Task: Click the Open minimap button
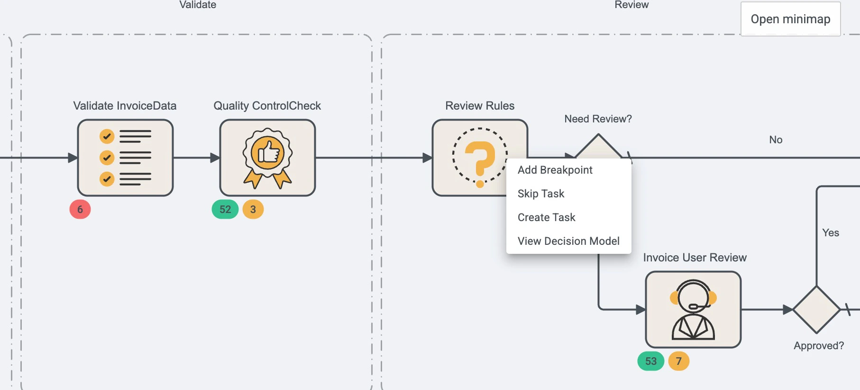pos(790,19)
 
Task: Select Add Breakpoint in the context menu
pos(555,170)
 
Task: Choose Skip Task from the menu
pos(541,194)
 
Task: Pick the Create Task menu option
pos(546,217)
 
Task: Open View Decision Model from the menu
pos(568,241)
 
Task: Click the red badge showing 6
pos(80,209)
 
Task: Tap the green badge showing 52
pos(225,209)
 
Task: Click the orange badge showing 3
pos(253,209)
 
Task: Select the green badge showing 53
pos(651,361)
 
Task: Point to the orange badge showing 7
pos(679,361)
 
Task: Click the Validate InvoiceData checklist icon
pos(125,158)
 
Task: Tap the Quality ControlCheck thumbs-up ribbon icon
pos(267,158)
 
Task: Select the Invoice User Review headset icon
pos(693,309)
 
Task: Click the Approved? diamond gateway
pos(816,309)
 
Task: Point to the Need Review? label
pos(598,119)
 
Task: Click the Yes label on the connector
pos(831,232)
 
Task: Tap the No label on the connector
pos(776,139)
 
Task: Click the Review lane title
pos(631,5)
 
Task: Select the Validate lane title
pos(198,5)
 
